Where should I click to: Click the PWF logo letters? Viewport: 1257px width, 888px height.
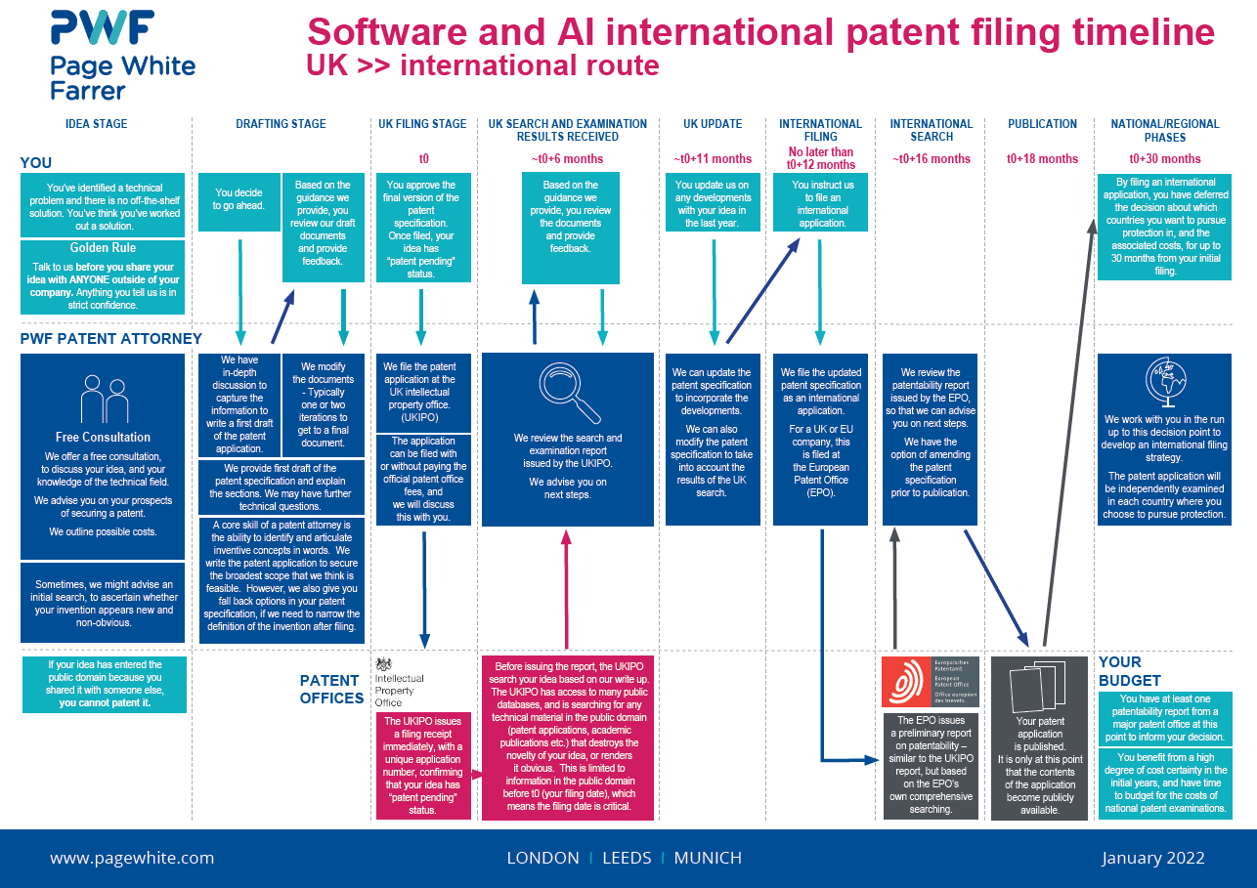[102, 29]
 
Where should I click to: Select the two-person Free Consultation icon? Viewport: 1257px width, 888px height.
[104, 399]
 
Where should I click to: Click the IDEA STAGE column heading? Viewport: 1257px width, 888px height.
[96, 124]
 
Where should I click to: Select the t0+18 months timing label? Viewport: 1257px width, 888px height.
[1042, 159]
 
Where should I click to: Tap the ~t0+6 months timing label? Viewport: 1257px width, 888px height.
[567, 159]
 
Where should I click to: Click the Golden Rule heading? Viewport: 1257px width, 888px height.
[103, 248]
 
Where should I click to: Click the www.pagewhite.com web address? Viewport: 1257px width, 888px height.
[132, 859]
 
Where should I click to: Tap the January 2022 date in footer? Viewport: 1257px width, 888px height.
[1152, 859]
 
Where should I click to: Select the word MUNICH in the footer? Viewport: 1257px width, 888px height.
[708, 859]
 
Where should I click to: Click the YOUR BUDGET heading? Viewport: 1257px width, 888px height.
[1129, 671]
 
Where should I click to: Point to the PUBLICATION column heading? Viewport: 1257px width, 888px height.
[1042, 124]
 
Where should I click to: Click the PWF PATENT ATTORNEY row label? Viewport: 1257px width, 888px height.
[111, 339]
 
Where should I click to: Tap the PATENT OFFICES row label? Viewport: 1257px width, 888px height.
[331, 689]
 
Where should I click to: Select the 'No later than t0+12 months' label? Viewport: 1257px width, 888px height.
[820, 158]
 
